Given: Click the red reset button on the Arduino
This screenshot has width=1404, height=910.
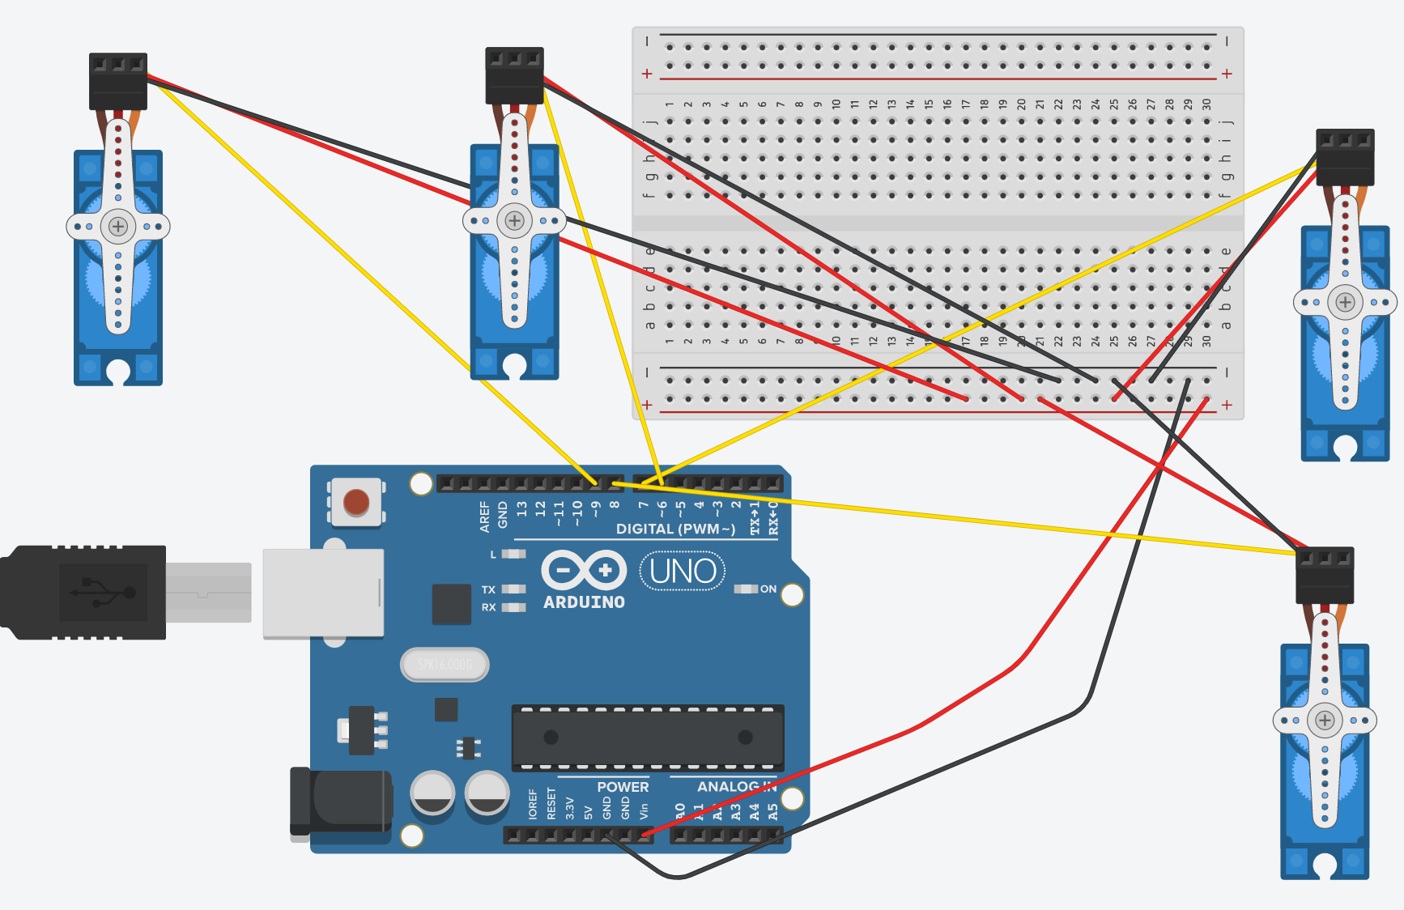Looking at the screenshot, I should [x=356, y=502].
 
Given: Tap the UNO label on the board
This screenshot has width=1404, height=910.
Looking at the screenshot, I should [x=683, y=572].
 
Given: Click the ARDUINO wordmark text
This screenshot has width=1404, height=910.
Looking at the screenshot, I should [x=584, y=602].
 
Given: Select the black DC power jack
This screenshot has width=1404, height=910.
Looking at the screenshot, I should [x=344, y=801].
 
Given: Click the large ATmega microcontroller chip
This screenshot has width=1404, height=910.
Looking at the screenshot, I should [x=648, y=738].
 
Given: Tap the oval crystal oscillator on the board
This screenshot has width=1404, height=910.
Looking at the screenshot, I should [x=445, y=665].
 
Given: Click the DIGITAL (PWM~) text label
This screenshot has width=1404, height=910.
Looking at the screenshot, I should [x=675, y=529].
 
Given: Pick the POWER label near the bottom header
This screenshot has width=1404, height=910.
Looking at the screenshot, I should [x=623, y=787].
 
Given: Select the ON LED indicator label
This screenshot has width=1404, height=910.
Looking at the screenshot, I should [x=768, y=589].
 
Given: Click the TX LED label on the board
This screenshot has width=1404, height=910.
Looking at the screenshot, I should [x=488, y=589].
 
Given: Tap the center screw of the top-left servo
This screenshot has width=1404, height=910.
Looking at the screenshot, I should [x=118, y=226].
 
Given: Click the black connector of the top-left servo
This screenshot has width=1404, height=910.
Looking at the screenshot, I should [x=118, y=81].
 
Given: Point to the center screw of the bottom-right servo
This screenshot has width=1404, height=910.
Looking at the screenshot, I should [x=1325, y=720].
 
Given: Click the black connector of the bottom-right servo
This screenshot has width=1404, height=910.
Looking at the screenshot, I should [x=1325, y=576].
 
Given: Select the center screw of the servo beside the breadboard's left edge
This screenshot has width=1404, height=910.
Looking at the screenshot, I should [x=514, y=220].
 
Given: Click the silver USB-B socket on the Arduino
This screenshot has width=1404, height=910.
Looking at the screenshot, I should [x=323, y=593].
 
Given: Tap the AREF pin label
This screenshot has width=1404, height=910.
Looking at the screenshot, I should [x=484, y=517].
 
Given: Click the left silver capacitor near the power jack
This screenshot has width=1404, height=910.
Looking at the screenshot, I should [x=433, y=793].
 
